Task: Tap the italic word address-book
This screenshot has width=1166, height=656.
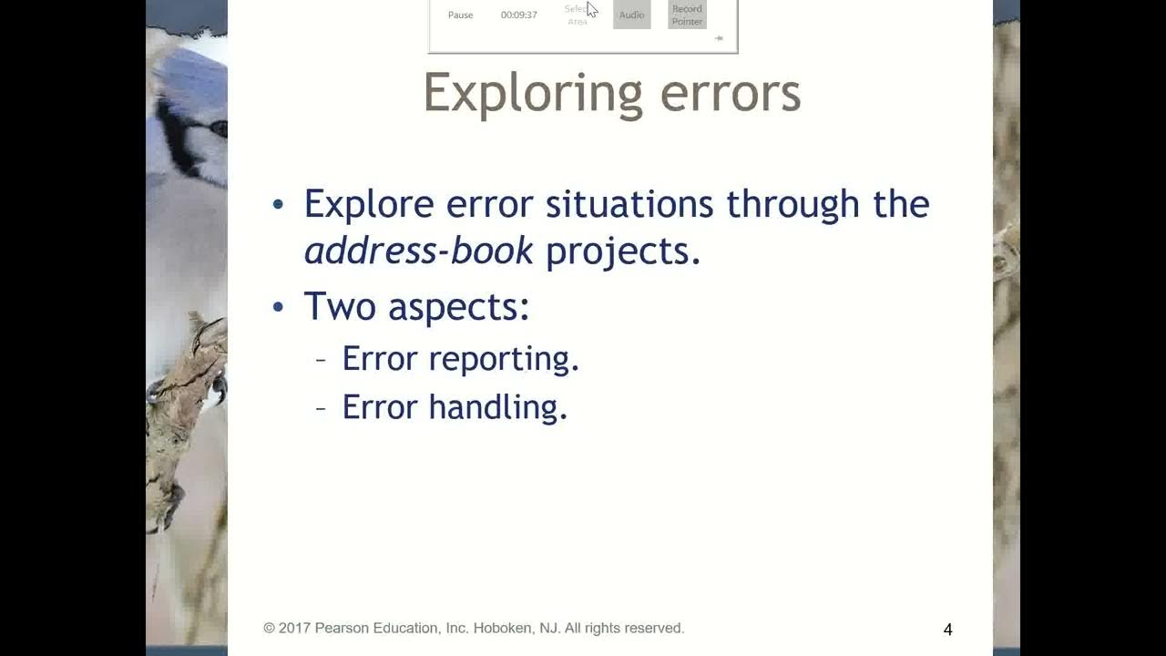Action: pyautogui.click(x=418, y=251)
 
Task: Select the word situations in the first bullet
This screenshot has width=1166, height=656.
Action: pyautogui.click(x=629, y=204)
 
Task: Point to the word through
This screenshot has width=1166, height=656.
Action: pyautogui.click(x=793, y=204)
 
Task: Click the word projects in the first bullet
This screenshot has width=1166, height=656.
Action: pyautogui.click(x=623, y=251)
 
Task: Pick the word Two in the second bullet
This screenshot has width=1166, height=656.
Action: pyautogui.click(x=340, y=306)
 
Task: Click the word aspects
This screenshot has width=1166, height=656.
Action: pyautogui.click(x=458, y=308)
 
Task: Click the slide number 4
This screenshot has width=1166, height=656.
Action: pyautogui.click(x=947, y=630)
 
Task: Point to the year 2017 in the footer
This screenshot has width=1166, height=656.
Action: pyautogui.click(x=294, y=628)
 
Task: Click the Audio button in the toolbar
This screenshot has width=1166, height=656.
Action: pyautogui.click(x=631, y=15)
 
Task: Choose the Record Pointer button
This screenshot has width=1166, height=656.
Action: pyautogui.click(x=687, y=15)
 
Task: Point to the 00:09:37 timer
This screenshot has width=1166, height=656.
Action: pyautogui.click(x=518, y=15)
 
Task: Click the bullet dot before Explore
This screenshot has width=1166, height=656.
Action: pyautogui.click(x=279, y=204)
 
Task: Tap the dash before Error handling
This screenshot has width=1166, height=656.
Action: pyautogui.click(x=321, y=407)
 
